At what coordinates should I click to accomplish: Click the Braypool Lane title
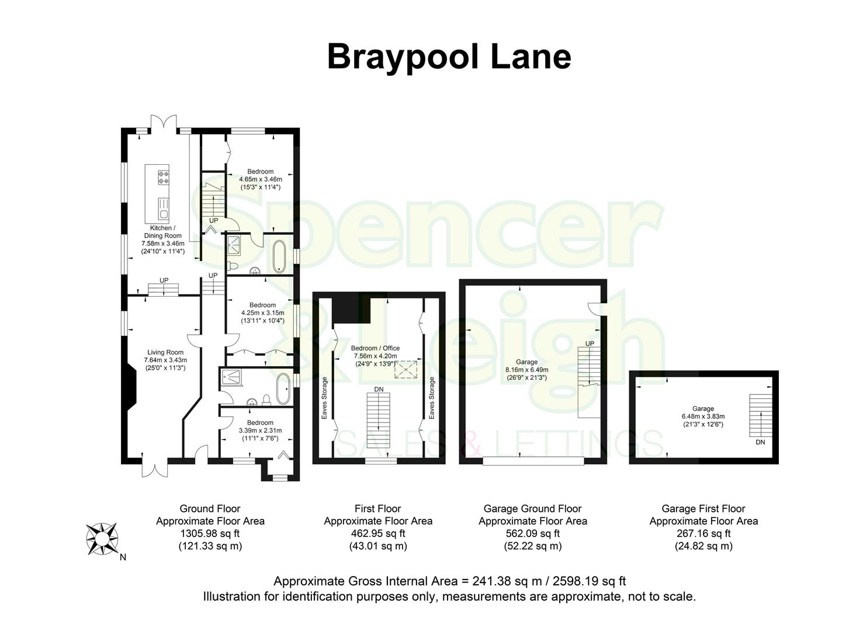pos(449,57)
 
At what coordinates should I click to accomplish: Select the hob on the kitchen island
pos(163,177)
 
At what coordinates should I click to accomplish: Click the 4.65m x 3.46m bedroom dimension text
pos(261,179)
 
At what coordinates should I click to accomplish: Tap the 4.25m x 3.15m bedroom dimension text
pos(262,313)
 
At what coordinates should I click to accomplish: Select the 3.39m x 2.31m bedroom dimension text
pos(260,431)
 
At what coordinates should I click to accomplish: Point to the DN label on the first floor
pos(379,389)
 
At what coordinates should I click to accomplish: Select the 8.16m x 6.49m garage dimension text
pos(527,370)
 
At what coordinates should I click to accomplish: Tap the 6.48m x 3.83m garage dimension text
pos(703,417)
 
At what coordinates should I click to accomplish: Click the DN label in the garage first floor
pos(760,442)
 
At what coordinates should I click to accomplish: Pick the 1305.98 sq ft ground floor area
pos(210,533)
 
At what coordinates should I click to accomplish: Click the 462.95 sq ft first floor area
pos(378,533)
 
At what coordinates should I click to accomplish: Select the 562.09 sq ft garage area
pos(532,533)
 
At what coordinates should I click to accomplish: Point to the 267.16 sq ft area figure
pos(703,533)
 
